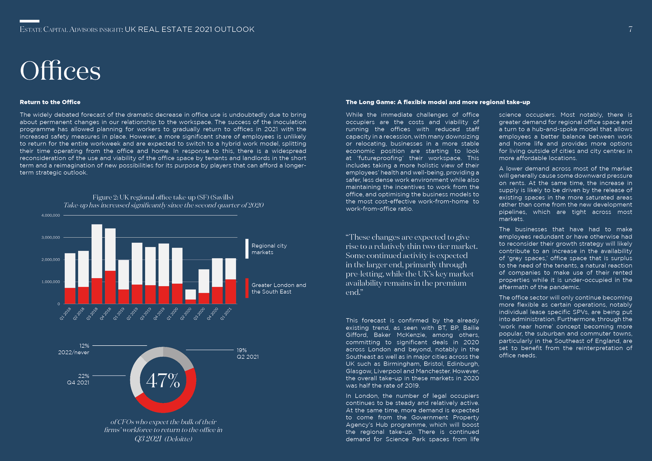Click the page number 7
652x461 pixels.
tap(630, 29)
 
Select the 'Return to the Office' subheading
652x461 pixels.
tap(50, 102)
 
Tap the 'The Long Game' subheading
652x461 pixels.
tap(438, 102)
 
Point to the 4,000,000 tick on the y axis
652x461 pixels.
tap(51, 215)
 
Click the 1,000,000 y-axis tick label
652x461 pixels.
tap(51, 281)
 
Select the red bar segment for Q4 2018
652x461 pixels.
tap(110, 288)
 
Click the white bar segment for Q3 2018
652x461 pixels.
tap(97, 251)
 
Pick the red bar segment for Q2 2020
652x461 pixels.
tap(191, 302)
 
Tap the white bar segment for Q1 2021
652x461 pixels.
tap(231, 269)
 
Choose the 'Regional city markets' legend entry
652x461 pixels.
tap(266, 249)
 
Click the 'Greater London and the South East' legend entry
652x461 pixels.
tap(275, 288)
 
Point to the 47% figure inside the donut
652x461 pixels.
tap(163, 380)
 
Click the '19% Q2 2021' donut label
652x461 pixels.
tap(247, 353)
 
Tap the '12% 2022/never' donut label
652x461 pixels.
tap(74, 349)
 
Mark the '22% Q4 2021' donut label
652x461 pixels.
tap(78, 379)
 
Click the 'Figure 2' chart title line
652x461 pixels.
tap(163, 197)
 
